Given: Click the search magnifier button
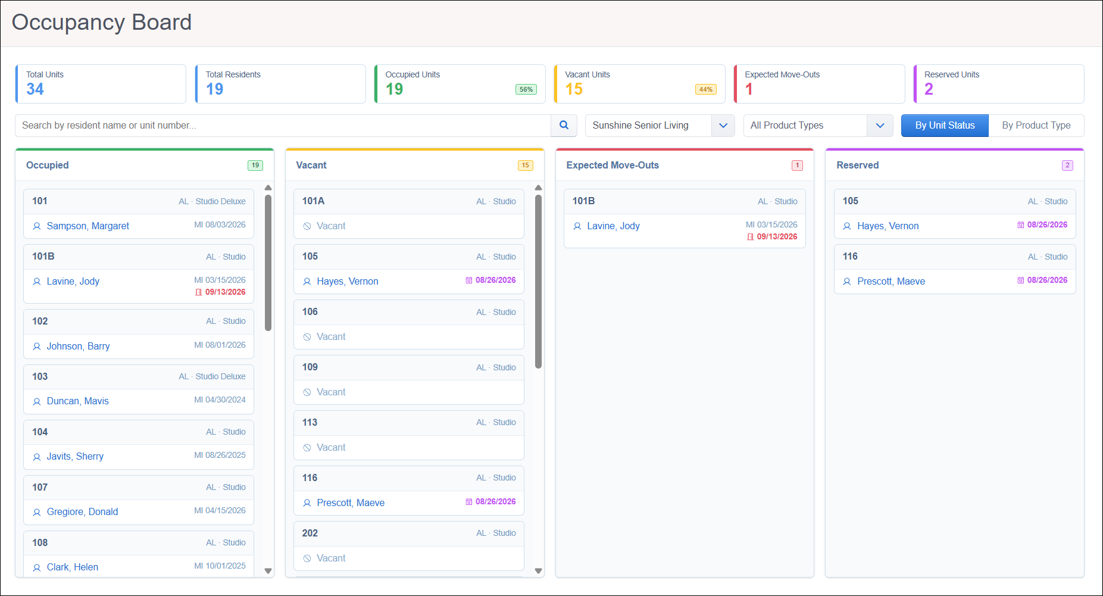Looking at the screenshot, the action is [x=564, y=126].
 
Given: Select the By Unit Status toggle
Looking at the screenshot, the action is [x=945, y=126].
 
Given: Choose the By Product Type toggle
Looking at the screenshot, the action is [x=1036, y=126].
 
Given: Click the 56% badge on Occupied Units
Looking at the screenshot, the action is [x=526, y=89].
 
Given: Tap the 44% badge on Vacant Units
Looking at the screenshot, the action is [x=706, y=89].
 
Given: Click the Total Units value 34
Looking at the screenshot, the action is [x=35, y=89].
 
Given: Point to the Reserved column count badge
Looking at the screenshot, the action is [x=1067, y=166].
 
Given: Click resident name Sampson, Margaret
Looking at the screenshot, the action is [x=88, y=226].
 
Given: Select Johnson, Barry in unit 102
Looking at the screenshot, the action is [x=78, y=347].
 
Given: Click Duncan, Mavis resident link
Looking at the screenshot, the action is [x=77, y=401].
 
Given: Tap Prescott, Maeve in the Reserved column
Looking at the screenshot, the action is [x=891, y=282].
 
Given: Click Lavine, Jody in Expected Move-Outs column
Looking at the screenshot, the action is [x=613, y=226].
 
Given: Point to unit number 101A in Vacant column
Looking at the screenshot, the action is [x=313, y=201].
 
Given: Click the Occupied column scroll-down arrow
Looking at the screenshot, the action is [x=268, y=570].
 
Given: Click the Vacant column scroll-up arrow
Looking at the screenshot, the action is [x=539, y=188].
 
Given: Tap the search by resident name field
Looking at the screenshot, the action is [x=283, y=126].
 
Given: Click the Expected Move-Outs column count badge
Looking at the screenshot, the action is [x=797, y=166].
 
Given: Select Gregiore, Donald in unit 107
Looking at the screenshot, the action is [x=82, y=512].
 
